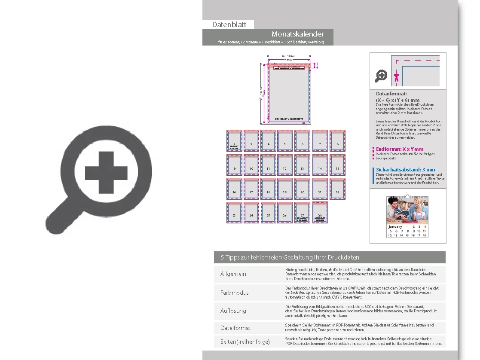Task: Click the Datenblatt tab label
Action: tap(229, 24)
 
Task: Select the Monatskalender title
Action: tap(297, 34)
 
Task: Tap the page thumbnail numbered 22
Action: tap(337, 189)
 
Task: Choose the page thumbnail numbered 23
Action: tap(234, 213)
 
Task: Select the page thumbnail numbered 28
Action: tap(320, 212)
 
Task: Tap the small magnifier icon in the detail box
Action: tap(381, 76)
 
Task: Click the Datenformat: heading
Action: tap(391, 94)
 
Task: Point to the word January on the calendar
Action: tap(395, 226)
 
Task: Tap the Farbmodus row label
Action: tap(234, 293)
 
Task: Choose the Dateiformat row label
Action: tap(235, 328)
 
